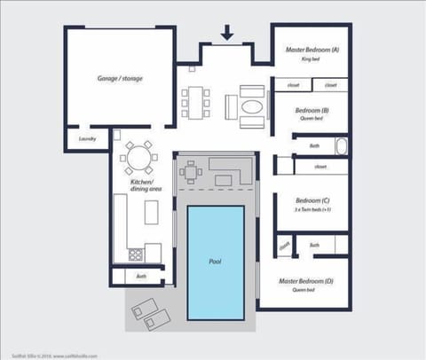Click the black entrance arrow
[x=226, y=33]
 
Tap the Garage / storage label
[x=120, y=78]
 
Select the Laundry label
[x=86, y=138]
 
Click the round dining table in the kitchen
[x=138, y=159]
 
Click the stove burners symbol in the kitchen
[x=137, y=254]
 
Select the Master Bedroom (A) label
[x=312, y=50]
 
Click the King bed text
[x=312, y=59]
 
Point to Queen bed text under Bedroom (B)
[x=312, y=120]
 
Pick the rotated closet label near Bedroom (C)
[x=284, y=246]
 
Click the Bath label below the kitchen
[x=141, y=276]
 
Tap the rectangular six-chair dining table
[x=197, y=101]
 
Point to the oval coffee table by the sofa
[x=252, y=108]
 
